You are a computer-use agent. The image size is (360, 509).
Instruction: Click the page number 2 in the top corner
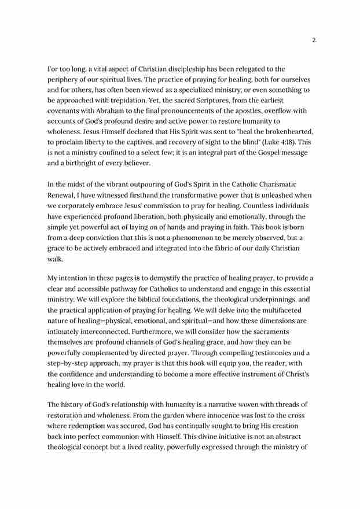pos(314,40)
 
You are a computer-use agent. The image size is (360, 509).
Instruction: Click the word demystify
pos(175,278)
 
